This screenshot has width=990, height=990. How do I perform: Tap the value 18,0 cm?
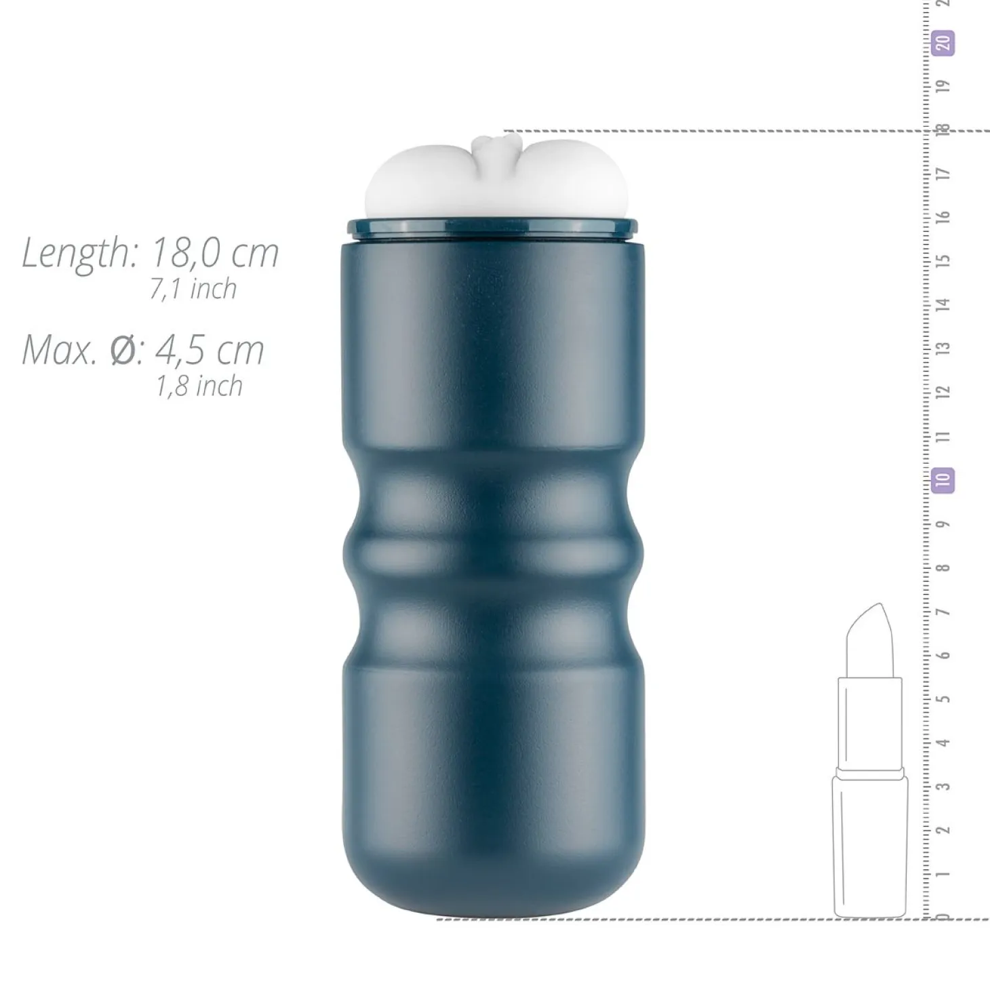tap(216, 253)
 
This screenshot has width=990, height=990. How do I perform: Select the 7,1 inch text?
tap(193, 289)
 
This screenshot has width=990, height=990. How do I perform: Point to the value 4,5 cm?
tap(210, 351)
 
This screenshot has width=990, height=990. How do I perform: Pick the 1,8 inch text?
tap(199, 386)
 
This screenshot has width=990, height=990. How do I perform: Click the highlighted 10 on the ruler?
tap(943, 481)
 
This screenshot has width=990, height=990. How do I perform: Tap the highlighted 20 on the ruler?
tap(943, 43)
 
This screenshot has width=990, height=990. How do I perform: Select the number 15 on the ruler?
tap(943, 260)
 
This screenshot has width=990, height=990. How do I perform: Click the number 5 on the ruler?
tap(943, 699)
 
